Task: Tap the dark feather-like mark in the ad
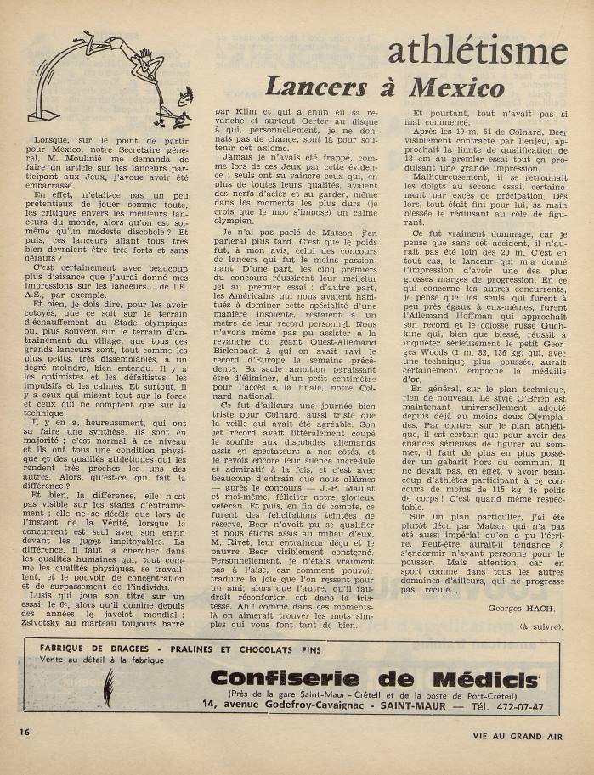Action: click(x=108, y=685)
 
